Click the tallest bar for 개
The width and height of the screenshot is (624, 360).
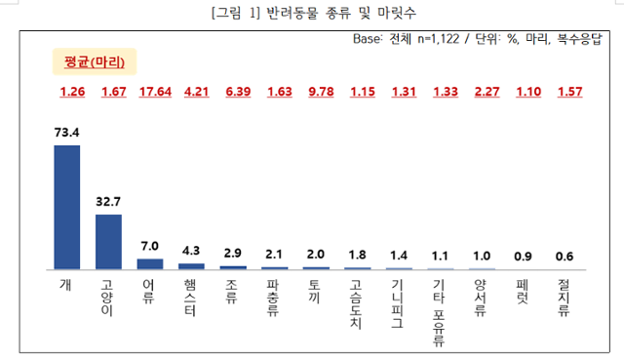click(x=67, y=206)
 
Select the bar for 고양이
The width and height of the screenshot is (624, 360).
click(x=108, y=241)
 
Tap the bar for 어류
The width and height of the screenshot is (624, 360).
click(x=150, y=263)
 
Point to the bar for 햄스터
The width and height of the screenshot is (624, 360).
click(x=192, y=265)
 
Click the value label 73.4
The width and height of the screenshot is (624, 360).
click(x=67, y=131)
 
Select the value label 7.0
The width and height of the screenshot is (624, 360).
click(x=150, y=245)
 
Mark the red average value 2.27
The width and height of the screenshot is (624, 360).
click(x=485, y=93)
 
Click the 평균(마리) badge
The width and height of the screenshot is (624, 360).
click(x=96, y=61)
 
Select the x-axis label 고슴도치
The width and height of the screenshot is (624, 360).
click(x=359, y=303)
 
